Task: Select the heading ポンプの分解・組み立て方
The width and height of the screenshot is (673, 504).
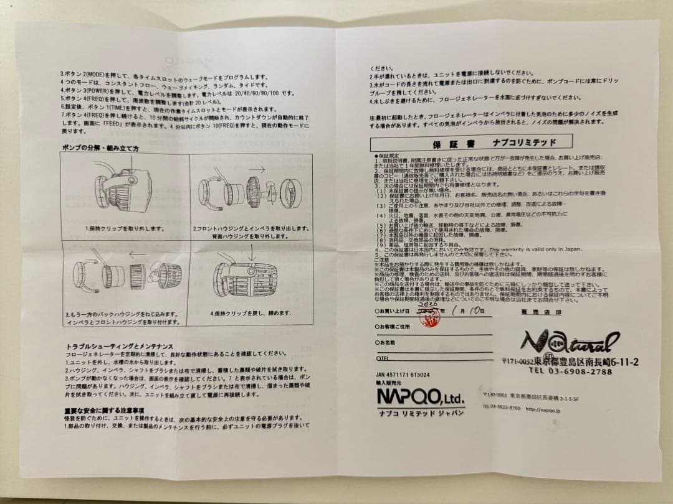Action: coord(100,149)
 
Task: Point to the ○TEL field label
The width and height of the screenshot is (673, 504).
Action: coord(381,358)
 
